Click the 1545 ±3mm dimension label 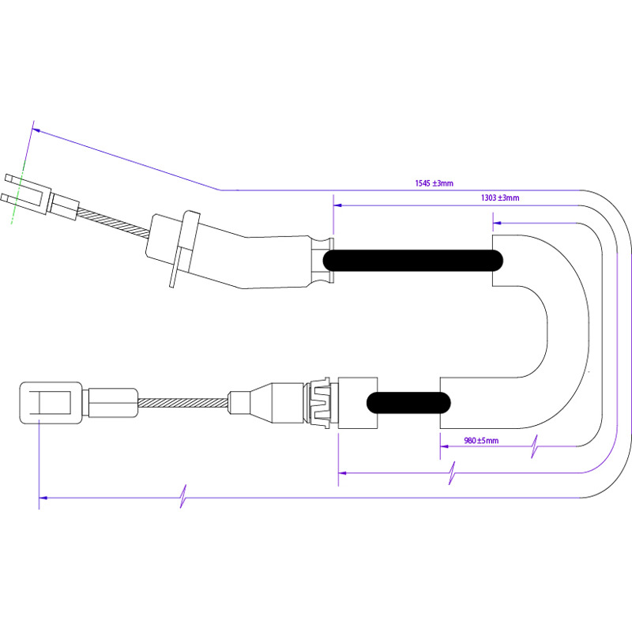pyautogui.click(x=434, y=183)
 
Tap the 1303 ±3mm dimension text pyautogui.click(x=500, y=198)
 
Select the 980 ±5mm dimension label pyautogui.click(x=481, y=441)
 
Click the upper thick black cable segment pyautogui.click(x=412, y=260)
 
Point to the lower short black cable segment pyautogui.click(x=408, y=403)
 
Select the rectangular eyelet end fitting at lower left pyautogui.click(x=51, y=403)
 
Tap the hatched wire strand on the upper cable pyautogui.click(x=113, y=223)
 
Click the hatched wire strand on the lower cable pyautogui.click(x=182, y=403)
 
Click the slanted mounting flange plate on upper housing pyautogui.click(x=185, y=248)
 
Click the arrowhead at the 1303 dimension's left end pyautogui.click(x=337, y=205)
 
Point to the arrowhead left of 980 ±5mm pyautogui.click(x=444, y=446)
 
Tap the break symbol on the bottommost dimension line pyautogui.click(x=183, y=496)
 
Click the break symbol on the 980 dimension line pyautogui.click(x=534, y=446)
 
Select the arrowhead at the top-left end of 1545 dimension pyautogui.click(x=36, y=130)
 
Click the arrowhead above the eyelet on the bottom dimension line pyautogui.click(x=43, y=498)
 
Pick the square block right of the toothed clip pyautogui.click(x=358, y=403)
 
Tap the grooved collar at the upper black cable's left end pyautogui.click(x=322, y=260)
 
